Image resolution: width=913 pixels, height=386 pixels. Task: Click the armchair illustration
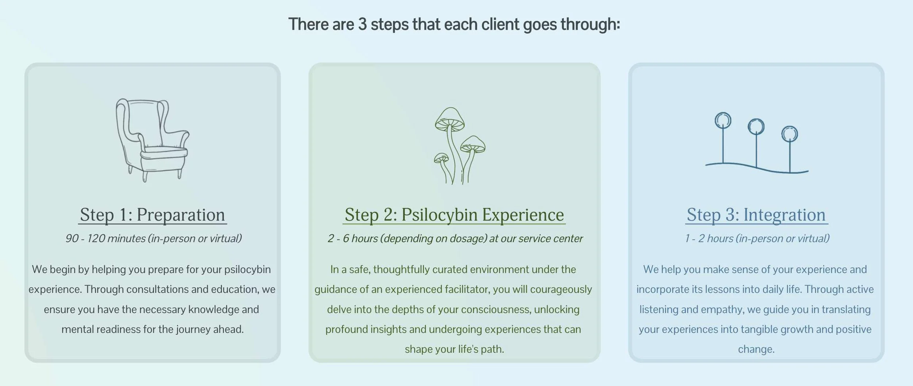[152, 139]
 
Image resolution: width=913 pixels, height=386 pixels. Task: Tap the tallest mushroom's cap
[450, 118]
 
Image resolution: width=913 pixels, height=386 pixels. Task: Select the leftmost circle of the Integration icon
[723, 120]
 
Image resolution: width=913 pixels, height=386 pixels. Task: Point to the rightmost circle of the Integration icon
[790, 134]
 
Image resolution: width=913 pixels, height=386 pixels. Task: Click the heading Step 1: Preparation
[152, 215]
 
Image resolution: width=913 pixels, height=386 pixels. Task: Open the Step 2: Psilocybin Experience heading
[454, 215]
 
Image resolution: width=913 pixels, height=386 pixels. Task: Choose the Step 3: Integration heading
[756, 215]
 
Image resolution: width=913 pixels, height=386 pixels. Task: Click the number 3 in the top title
[362, 24]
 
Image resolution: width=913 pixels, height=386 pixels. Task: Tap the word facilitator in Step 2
[467, 289]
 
